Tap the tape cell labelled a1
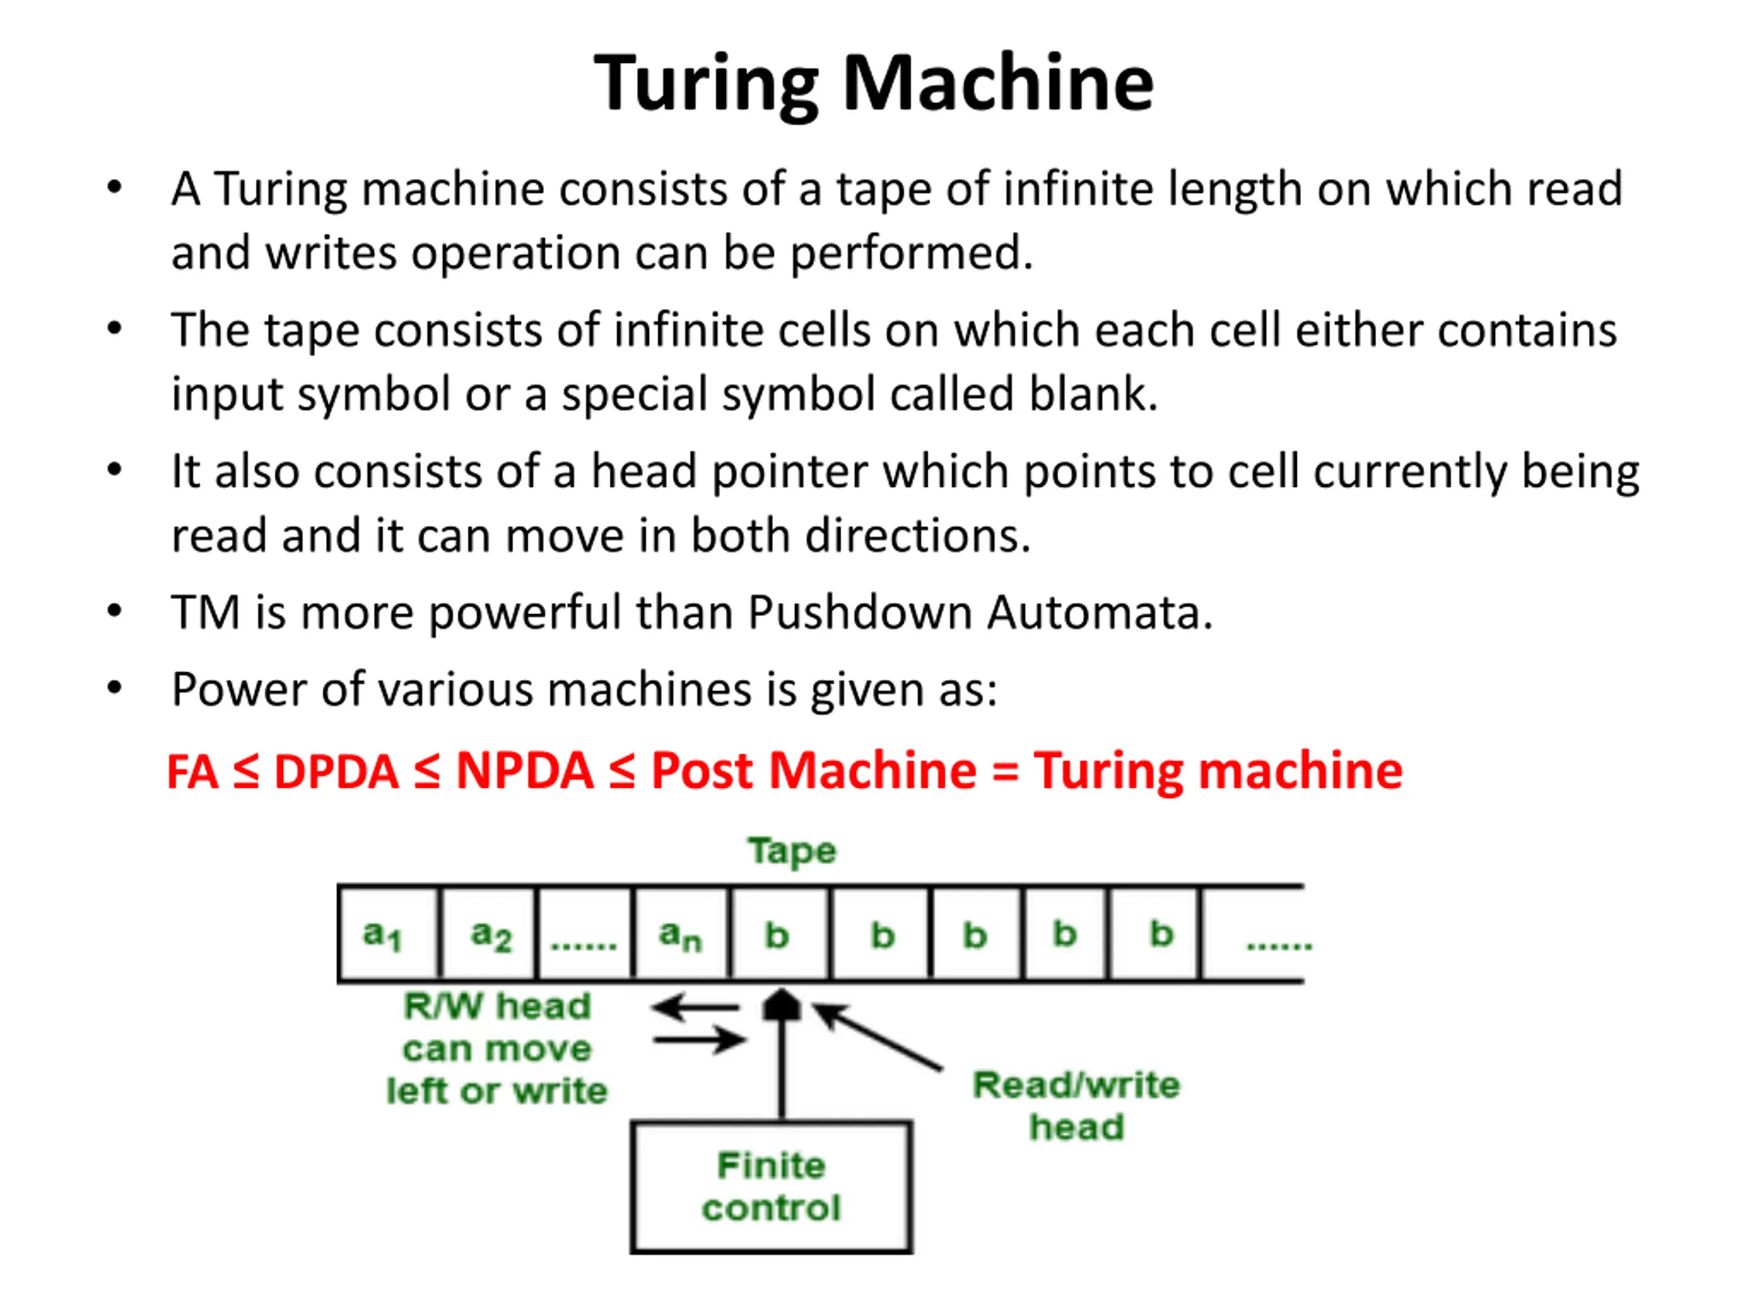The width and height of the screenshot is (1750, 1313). point(388,934)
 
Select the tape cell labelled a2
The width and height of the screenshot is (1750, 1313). point(488,934)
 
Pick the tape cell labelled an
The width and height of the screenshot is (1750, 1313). point(681,934)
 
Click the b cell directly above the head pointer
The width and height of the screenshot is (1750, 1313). point(779,934)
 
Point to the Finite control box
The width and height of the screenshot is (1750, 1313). point(771,1186)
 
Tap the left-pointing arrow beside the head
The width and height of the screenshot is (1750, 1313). point(695,1008)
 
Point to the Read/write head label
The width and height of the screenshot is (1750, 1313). point(1076,1106)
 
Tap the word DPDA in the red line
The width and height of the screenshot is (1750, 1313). point(336,771)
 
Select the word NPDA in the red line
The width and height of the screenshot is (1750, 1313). point(524,770)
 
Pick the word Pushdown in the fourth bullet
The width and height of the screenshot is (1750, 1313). point(860,613)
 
